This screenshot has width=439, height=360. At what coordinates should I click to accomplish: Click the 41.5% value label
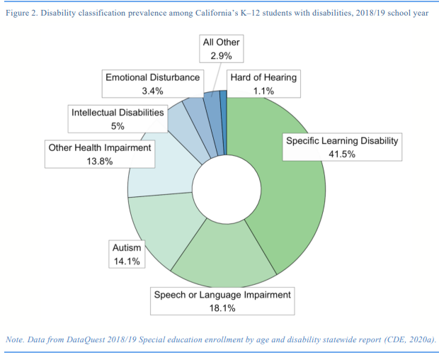coord(342,154)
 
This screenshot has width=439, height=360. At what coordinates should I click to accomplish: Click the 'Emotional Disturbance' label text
coord(153,77)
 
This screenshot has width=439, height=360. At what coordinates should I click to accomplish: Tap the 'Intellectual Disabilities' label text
coord(118,112)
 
